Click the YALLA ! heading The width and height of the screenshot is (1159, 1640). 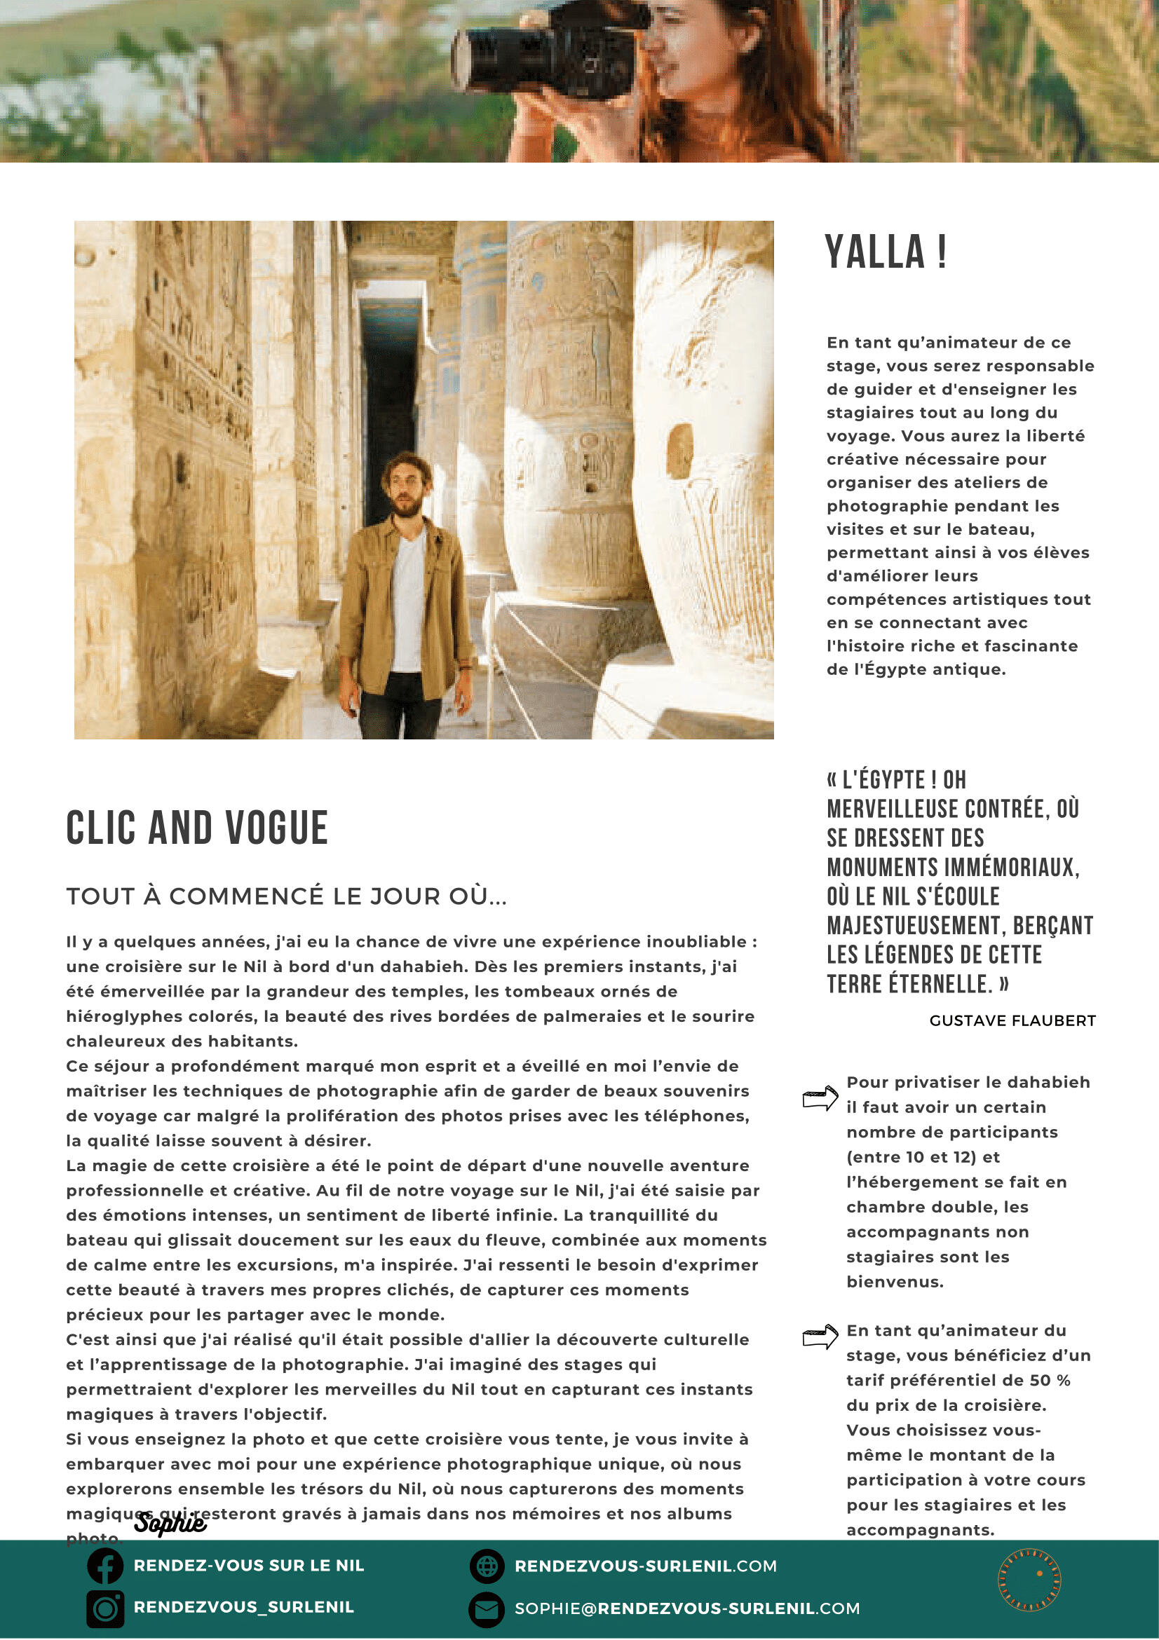click(886, 252)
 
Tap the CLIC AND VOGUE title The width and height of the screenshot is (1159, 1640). click(196, 828)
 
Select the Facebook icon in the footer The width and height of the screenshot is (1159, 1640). click(106, 1566)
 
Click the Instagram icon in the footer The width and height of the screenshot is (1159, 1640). click(106, 1608)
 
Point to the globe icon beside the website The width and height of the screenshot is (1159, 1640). click(487, 1566)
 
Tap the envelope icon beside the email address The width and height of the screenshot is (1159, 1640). click(487, 1609)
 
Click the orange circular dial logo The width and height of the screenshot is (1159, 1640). click(1029, 1580)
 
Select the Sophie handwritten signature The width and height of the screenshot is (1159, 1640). click(170, 1523)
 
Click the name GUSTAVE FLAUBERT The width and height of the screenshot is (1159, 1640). click(1012, 1020)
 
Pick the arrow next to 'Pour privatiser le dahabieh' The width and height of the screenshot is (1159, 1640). click(820, 1098)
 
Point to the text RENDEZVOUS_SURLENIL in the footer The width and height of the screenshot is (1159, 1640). click(244, 1607)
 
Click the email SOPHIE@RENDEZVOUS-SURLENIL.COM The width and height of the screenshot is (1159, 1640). click(686, 1608)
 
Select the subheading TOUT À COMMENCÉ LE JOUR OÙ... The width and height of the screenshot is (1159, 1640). click(287, 896)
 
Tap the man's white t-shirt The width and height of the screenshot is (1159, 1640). click(408, 600)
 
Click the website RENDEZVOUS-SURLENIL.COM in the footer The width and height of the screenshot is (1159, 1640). click(645, 1566)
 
